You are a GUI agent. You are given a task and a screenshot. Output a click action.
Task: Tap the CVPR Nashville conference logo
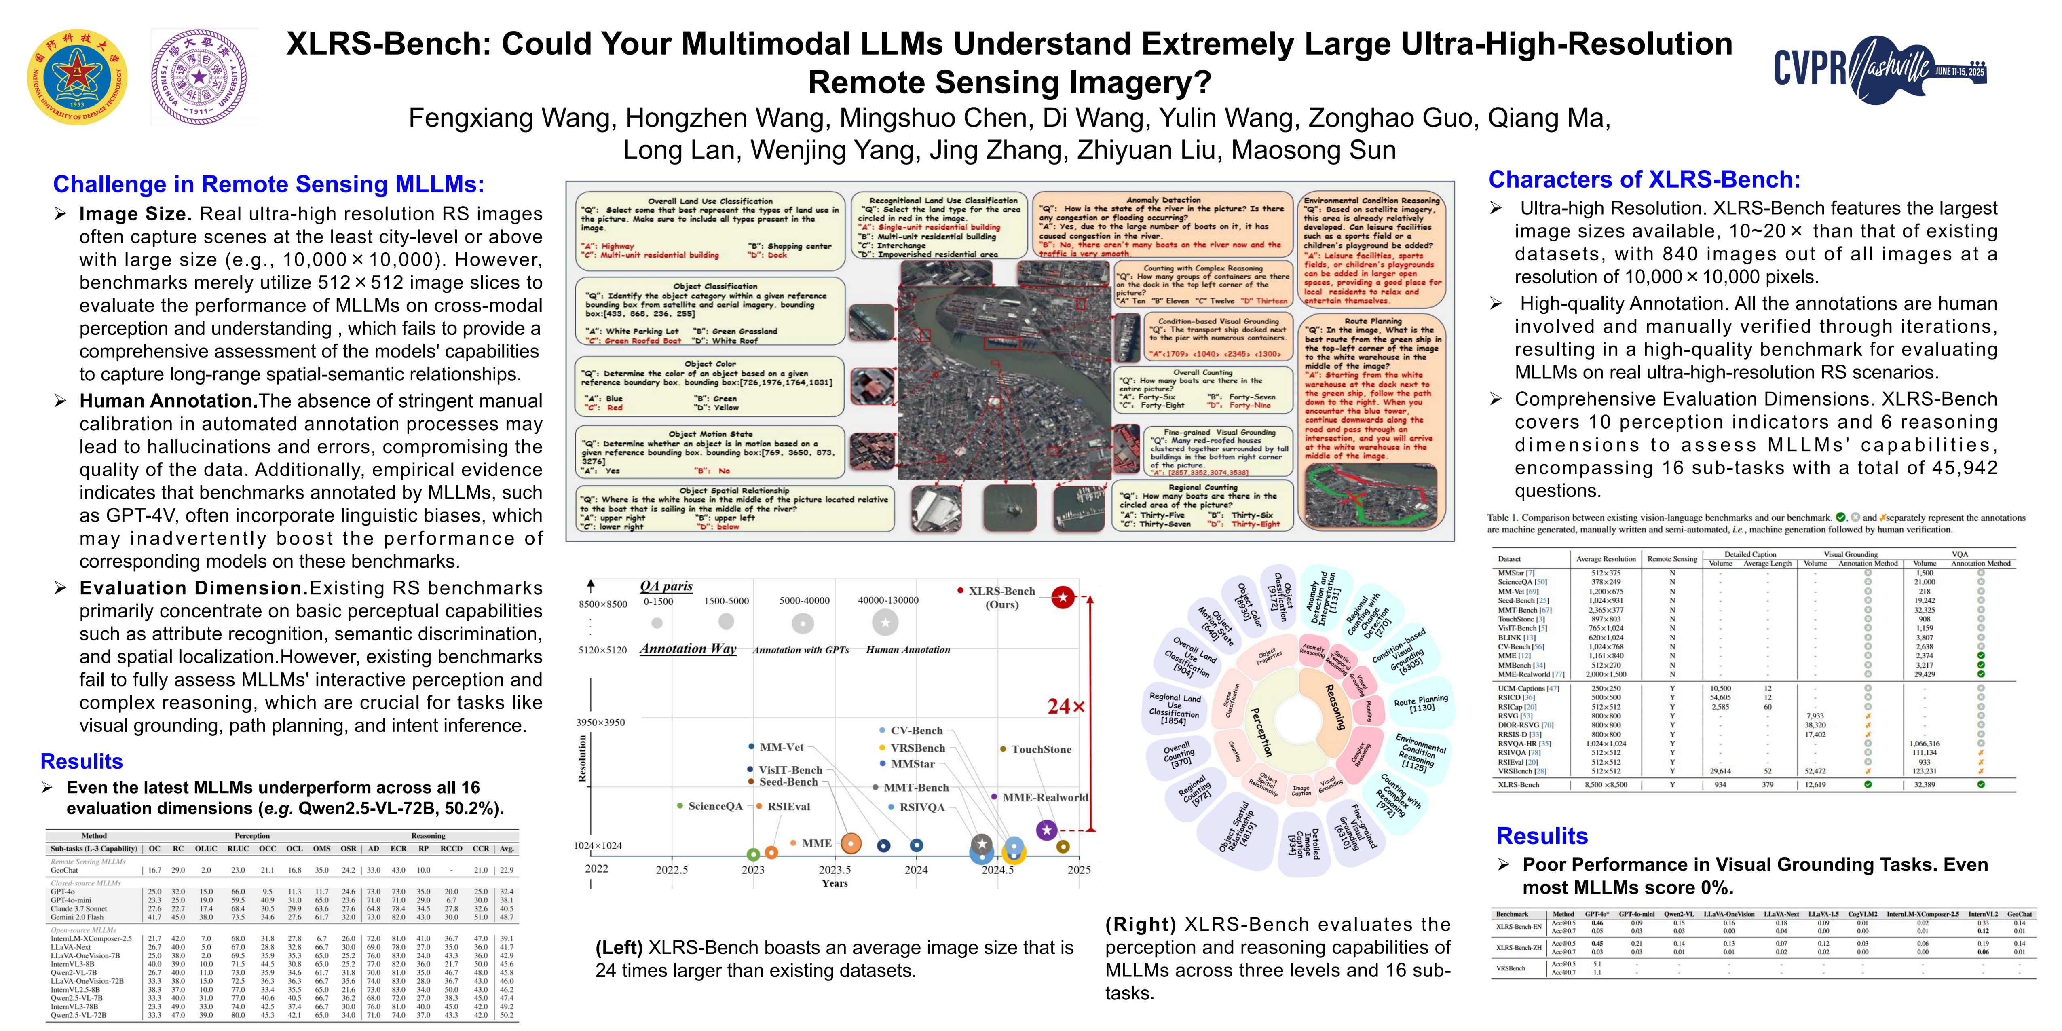(x=1880, y=68)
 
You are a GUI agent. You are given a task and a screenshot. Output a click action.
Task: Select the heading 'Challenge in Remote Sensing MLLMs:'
(x=268, y=184)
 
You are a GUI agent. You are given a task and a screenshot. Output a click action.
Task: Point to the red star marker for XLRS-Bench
(x=1062, y=597)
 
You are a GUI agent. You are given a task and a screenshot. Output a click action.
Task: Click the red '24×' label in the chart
(x=1065, y=706)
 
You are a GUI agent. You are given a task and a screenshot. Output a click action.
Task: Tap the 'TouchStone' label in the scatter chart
(x=1041, y=749)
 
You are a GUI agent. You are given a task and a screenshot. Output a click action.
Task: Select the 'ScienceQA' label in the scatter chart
(x=715, y=806)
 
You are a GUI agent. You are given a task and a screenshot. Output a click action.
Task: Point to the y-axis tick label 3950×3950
(x=600, y=722)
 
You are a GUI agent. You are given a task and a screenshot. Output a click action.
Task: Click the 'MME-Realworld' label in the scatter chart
(x=1045, y=797)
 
